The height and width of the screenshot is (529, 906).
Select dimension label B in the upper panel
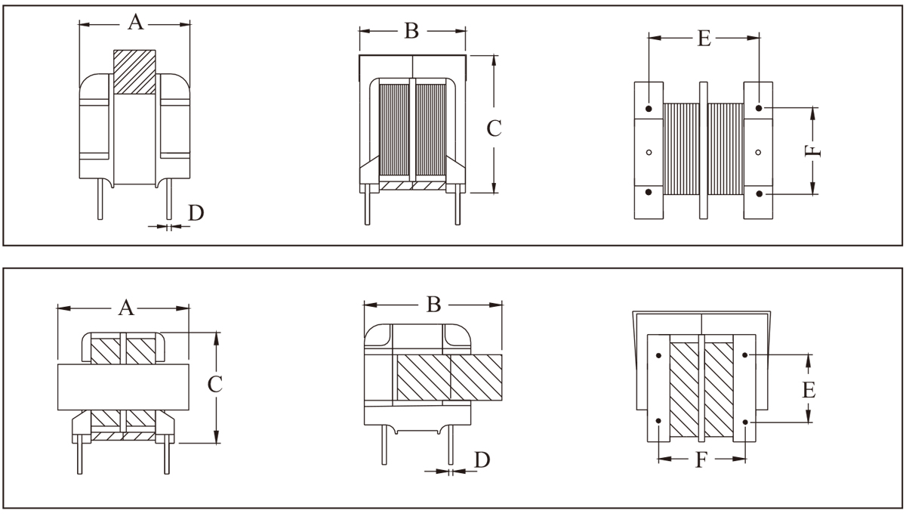coord(411,31)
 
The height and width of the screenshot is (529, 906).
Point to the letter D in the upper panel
coord(196,214)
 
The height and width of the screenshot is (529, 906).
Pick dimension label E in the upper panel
coord(704,39)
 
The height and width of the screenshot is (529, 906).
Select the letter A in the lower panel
coord(126,308)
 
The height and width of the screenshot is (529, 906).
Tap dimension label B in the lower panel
coord(433,305)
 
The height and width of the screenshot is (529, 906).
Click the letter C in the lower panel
coord(215,385)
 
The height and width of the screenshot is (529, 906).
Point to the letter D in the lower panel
coord(481,459)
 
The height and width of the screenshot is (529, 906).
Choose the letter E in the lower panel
coord(808,390)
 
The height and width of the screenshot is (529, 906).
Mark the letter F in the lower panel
coord(701,459)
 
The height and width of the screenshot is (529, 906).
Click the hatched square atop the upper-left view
coord(134,72)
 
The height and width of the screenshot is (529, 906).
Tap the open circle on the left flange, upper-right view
coord(649,152)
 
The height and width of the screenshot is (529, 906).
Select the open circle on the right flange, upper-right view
coord(758,152)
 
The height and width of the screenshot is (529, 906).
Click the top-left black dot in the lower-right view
coord(659,355)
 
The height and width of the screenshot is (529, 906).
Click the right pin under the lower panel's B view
coord(450,445)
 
